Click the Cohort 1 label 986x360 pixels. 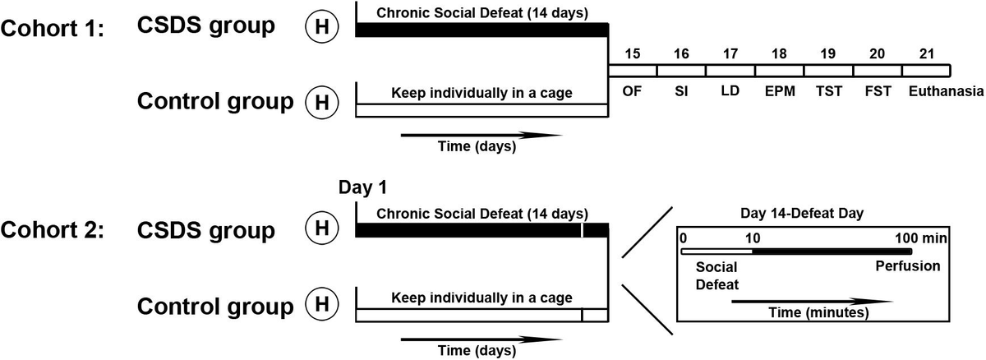pyautogui.click(x=53, y=29)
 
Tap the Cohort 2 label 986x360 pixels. pyautogui.click(x=53, y=230)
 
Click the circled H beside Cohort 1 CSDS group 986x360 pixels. pyautogui.click(x=322, y=26)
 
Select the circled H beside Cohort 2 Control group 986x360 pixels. pyautogui.click(x=322, y=304)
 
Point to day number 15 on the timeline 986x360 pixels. pyautogui.click(x=632, y=53)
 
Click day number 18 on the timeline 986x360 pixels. pyautogui.click(x=779, y=53)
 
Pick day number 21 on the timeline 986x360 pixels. pyautogui.click(x=927, y=53)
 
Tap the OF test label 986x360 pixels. pyautogui.click(x=632, y=91)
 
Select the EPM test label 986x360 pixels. pyautogui.click(x=780, y=91)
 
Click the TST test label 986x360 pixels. pyautogui.click(x=829, y=91)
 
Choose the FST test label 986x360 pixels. pyautogui.click(x=878, y=91)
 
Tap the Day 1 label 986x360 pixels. pyautogui.click(x=362, y=187)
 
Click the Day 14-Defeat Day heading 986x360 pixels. pyautogui.click(x=802, y=214)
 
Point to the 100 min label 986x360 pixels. pyautogui.click(x=921, y=238)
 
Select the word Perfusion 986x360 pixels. pyautogui.click(x=908, y=265)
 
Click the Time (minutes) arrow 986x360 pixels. pyautogui.click(x=812, y=302)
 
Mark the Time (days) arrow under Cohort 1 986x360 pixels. pyautogui.click(x=481, y=135)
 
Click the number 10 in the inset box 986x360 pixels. pyautogui.click(x=753, y=238)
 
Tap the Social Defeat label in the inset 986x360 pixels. pyautogui.click(x=717, y=276)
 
